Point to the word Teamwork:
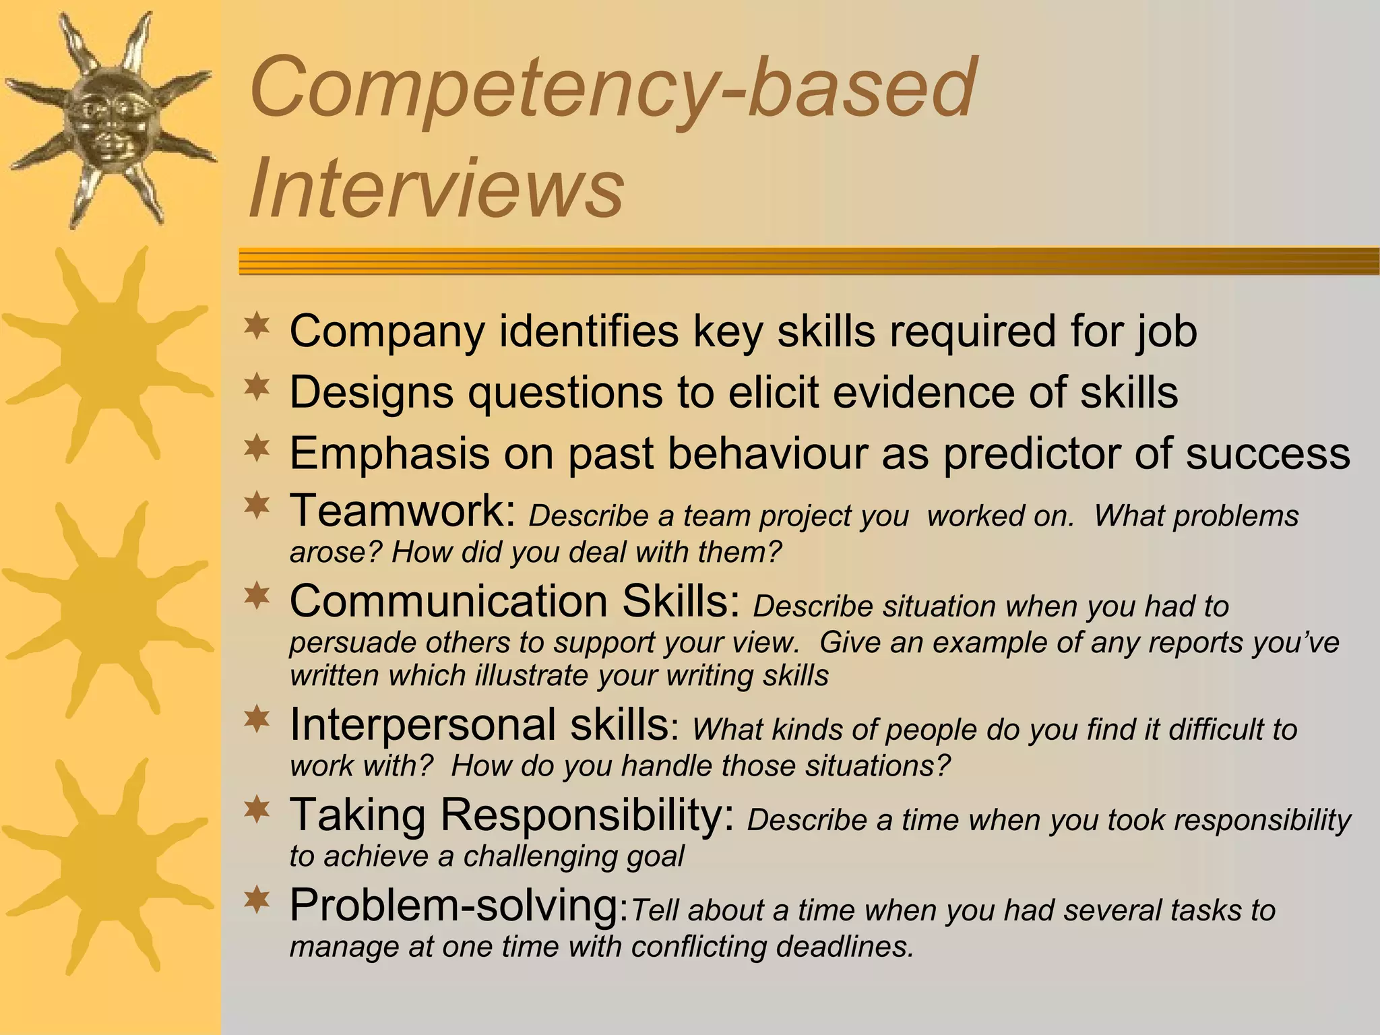(x=403, y=511)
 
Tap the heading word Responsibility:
(x=587, y=815)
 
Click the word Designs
(x=371, y=392)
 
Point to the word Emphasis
(x=389, y=453)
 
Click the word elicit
(x=774, y=392)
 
